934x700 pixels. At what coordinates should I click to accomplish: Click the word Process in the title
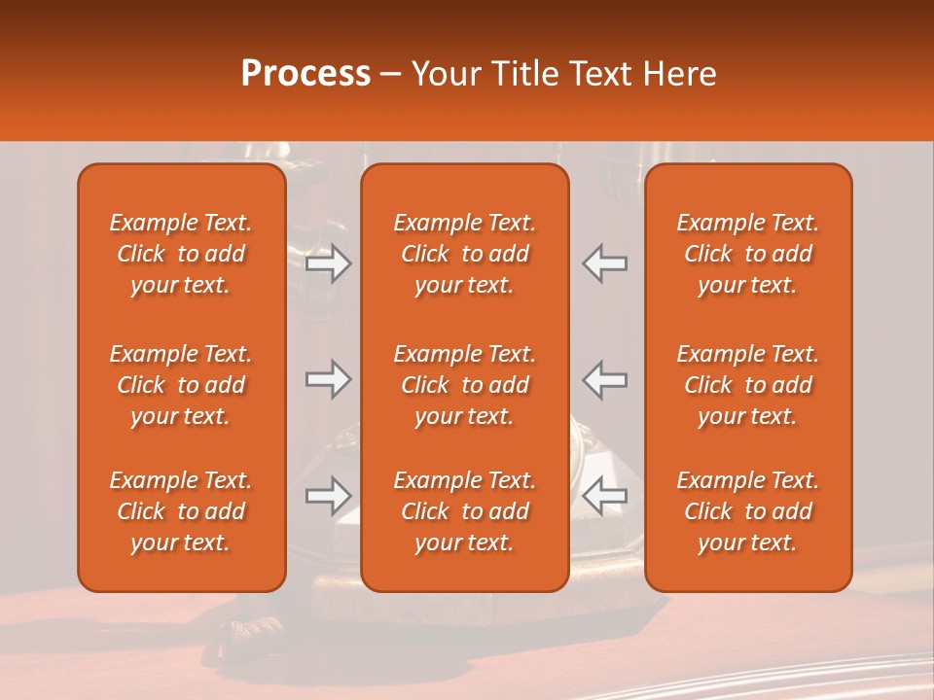click(x=305, y=74)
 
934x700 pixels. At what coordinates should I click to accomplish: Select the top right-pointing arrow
click(x=328, y=263)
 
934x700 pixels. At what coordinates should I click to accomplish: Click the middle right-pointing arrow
click(x=328, y=379)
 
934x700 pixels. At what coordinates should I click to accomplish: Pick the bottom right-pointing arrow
click(x=328, y=496)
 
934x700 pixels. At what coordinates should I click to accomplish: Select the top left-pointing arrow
click(x=605, y=263)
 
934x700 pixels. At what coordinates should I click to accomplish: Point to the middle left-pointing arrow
click(x=605, y=379)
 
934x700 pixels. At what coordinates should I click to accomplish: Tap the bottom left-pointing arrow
click(x=605, y=496)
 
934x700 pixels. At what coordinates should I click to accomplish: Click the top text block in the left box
click(x=181, y=254)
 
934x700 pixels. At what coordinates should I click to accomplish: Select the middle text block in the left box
click(x=181, y=385)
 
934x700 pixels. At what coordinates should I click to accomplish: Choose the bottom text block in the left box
click(x=181, y=511)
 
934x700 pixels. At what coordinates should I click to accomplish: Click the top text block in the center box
click(x=464, y=254)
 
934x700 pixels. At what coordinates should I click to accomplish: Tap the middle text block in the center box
click(x=464, y=385)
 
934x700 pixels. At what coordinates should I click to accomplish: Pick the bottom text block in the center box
click(x=464, y=511)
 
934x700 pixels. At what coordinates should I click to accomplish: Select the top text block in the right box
click(x=747, y=254)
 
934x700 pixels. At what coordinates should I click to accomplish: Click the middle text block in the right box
click(x=747, y=385)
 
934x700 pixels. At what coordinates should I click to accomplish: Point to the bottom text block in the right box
click(x=747, y=511)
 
